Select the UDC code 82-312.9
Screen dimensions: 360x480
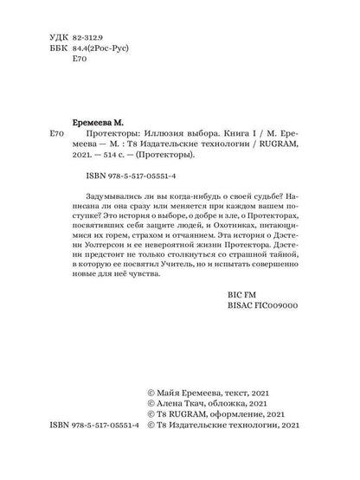(x=88, y=40)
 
